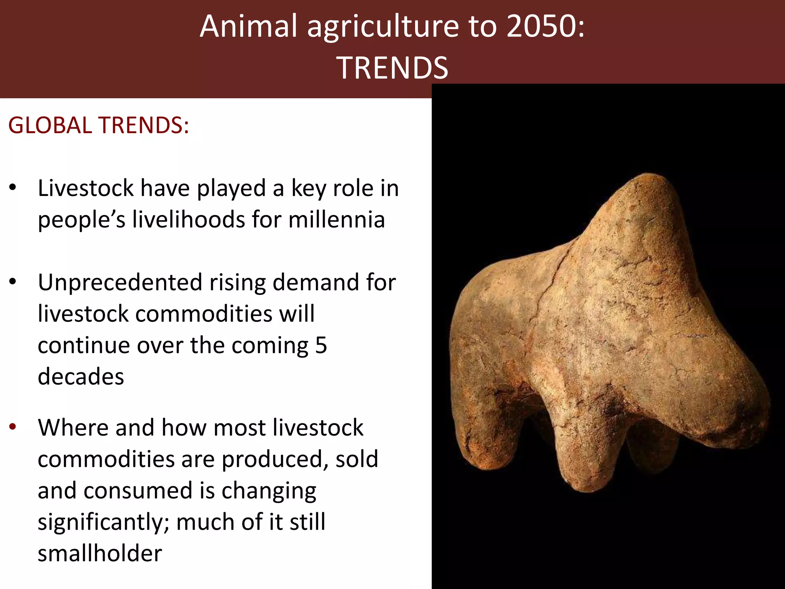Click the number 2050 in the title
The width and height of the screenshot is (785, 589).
[541, 26]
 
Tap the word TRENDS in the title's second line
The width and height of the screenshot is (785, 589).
[392, 68]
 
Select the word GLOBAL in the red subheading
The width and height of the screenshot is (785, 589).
[50, 125]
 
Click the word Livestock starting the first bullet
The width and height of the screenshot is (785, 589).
[86, 188]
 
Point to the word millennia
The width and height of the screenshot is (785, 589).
[337, 220]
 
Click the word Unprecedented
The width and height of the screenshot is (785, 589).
[120, 283]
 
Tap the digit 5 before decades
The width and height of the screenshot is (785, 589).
[321, 345]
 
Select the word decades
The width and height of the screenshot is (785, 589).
[81, 377]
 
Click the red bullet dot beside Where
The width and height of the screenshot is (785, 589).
[13, 427]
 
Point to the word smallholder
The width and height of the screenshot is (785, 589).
[100, 553]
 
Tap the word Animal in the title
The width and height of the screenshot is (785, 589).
[248, 26]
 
